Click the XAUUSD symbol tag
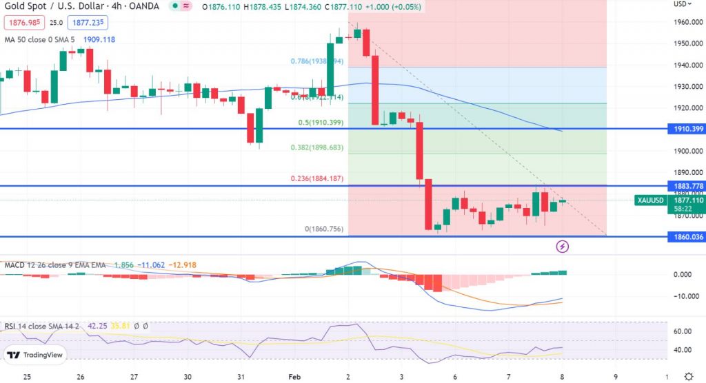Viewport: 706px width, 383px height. (x=651, y=200)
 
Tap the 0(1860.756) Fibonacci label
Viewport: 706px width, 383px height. (x=325, y=229)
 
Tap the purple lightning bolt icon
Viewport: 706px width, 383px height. (x=562, y=245)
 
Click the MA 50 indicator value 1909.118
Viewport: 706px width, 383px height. (x=98, y=39)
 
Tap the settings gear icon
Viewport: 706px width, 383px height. (x=688, y=376)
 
